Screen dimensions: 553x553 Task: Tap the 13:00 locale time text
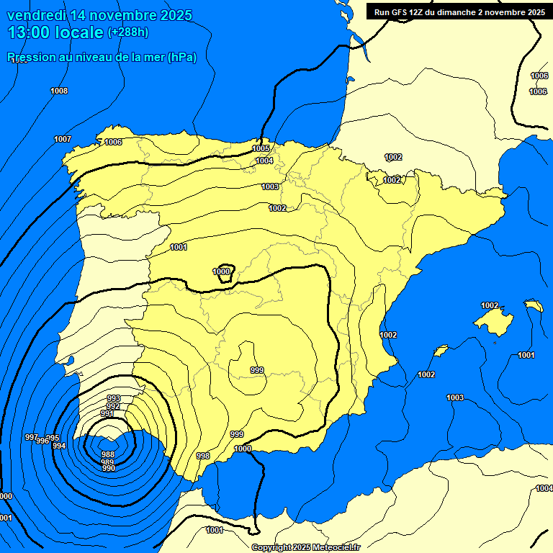pyautogui.click(x=55, y=32)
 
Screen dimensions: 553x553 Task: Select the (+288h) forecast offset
pyautogui.click(x=128, y=32)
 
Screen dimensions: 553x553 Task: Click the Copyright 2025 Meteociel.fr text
pyautogui.click(x=305, y=547)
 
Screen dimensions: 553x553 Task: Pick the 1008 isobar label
pyautogui.click(x=59, y=91)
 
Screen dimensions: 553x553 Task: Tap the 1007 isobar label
pyautogui.click(x=63, y=139)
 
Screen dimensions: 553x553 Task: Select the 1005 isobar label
pyautogui.click(x=261, y=148)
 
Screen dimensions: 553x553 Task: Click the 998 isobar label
pyautogui.click(x=203, y=456)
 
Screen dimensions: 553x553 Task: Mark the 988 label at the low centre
pyautogui.click(x=108, y=454)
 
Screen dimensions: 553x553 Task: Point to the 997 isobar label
pyautogui.click(x=31, y=437)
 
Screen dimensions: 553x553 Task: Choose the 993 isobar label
pyautogui.click(x=114, y=398)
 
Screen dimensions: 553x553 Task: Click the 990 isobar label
pyautogui.click(x=109, y=469)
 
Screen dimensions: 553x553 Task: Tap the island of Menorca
pyautogui.click(x=534, y=306)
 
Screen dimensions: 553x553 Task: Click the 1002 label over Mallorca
pyautogui.click(x=490, y=305)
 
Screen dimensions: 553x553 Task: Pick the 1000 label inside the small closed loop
pyautogui.click(x=222, y=271)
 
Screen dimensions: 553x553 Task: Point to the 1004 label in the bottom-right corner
pyautogui.click(x=544, y=488)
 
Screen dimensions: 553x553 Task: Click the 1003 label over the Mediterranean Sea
pyautogui.click(x=455, y=397)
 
